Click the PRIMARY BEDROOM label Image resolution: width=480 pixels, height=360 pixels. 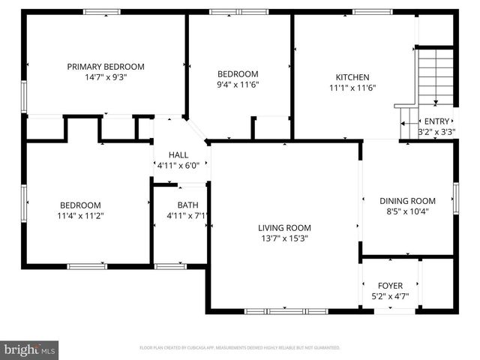[x=106, y=67]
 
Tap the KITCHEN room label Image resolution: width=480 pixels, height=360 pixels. [x=352, y=76]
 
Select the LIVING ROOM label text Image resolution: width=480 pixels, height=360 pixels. [x=284, y=228]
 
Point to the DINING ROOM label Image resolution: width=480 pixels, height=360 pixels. [x=407, y=200]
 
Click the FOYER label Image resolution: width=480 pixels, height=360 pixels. [x=390, y=286]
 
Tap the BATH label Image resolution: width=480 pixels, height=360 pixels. [x=187, y=205]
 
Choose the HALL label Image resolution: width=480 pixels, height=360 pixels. [x=178, y=154]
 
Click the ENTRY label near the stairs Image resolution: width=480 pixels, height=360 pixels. [x=436, y=121]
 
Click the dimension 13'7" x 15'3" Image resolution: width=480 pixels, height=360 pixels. [x=284, y=238]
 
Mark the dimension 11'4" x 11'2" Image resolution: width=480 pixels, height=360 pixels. [x=81, y=216]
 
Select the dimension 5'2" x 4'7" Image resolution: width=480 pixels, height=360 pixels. [x=390, y=296]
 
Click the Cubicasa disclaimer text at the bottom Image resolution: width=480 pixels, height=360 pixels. [x=240, y=348]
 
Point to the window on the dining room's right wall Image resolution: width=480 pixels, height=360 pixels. [x=454, y=199]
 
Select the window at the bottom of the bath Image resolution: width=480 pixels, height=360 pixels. [x=170, y=265]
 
